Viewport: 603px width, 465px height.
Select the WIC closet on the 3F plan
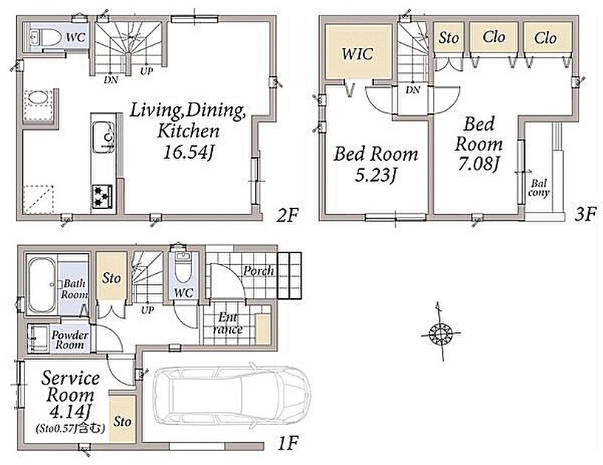358,52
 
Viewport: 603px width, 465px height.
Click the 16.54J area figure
188,153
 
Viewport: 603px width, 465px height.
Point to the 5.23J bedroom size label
375,176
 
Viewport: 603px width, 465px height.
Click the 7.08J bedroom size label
478,164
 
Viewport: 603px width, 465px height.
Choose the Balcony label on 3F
539,188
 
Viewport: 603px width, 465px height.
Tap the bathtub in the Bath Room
41,284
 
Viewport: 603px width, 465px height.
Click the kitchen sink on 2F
103,137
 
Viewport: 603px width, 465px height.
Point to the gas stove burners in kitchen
102,196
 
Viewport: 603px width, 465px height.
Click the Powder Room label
69,340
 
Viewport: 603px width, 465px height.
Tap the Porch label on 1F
259,271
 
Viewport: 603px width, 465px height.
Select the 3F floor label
585,215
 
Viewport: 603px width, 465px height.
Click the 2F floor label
287,216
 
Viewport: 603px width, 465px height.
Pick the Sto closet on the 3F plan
449,37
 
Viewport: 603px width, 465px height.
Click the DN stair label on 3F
413,90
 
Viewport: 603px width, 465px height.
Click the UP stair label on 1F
147,310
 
